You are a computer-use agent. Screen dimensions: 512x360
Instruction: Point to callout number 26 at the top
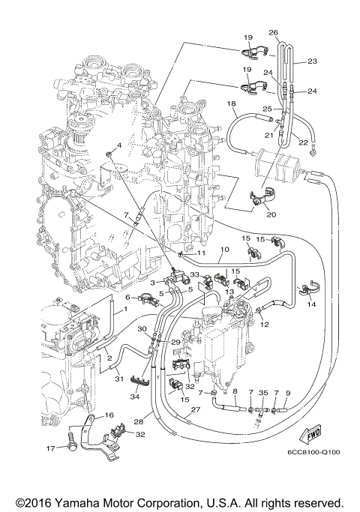pos(273,33)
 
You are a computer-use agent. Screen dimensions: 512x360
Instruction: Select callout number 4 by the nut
pos(118,144)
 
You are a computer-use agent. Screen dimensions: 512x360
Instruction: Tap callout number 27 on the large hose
pos(195,409)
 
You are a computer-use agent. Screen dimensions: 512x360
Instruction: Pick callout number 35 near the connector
pos(262,392)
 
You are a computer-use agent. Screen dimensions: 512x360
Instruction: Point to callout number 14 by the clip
pos(264,324)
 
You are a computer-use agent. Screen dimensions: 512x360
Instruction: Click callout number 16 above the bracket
pos(109,415)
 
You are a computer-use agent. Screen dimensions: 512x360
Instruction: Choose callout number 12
pos(264,324)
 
